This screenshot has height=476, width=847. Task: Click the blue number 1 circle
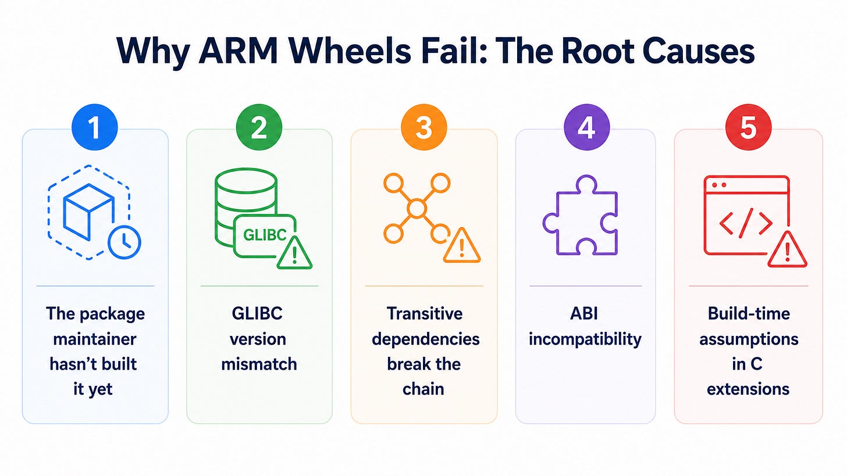(94, 127)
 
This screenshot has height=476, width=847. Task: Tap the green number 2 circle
(259, 127)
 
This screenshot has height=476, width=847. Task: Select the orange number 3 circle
(424, 127)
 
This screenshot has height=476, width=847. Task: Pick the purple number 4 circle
(586, 127)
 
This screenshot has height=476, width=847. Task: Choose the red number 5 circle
(748, 127)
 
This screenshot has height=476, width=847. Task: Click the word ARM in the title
(239, 51)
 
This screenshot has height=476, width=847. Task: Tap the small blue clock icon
(124, 242)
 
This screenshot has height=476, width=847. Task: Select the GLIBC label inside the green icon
(265, 235)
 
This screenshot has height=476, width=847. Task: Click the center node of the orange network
(417, 208)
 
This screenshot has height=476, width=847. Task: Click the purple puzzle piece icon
(581, 215)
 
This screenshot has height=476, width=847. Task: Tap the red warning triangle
(788, 250)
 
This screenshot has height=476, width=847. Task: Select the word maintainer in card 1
(94, 339)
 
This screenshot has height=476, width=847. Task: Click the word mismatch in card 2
(259, 364)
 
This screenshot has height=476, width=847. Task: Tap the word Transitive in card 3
(424, 314)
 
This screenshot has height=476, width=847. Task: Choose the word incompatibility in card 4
(585, 339)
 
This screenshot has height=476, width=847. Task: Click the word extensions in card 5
(748, 389)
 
